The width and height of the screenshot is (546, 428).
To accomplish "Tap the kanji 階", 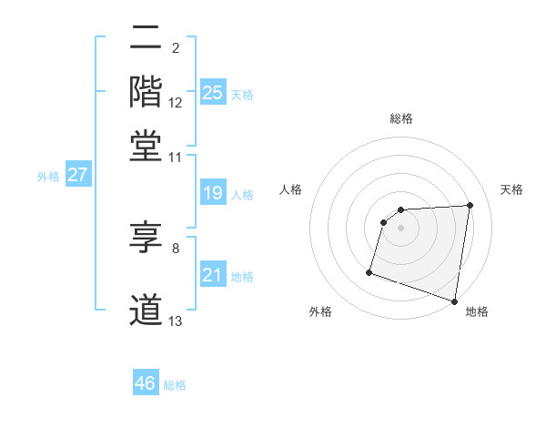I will pyautogui.click(x=146, y=91).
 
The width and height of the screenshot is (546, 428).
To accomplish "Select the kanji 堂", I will pyautogui.click(x=146, y=146).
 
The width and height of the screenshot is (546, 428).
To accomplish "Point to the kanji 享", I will pyautogui.click(x=146, y=240).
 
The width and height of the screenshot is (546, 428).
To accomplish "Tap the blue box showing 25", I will pyautogui.click(x=213, y=92).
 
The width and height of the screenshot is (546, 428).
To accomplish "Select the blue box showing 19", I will pyautogui.click(x=213, y=193).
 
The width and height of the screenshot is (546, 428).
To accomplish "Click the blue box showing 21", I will pyautogui.click(x=213, y=275).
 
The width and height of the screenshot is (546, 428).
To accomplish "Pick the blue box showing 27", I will pyautogui.click(x=77, y=176).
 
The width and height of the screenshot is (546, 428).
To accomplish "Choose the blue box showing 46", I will pyautogui.click(x=146, y=383).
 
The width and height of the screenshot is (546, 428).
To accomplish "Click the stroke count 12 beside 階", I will pyautogui.click(x=176, y=103).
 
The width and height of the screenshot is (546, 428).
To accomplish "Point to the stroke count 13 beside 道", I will pyautogui.click(x=176, y=321).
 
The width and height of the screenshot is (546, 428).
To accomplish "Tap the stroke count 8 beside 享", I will pyautogui.click(x=176, y=247).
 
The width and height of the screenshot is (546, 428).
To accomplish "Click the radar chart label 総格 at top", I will pyautogui.click(x=401, y=118).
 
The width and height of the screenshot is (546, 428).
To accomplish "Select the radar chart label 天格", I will pyautogui.click(x=511, y=189).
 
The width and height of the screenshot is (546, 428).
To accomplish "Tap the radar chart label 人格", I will pyautogui.click(x=291, y=189).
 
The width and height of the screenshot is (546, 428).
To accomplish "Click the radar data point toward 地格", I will pyautogui.click(x=455, y=301).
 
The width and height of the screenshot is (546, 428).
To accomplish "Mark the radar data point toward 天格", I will pyautogui.click(x=470, y=206).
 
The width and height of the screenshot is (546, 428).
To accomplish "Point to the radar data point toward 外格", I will pyautogui.click(x=369, y=271).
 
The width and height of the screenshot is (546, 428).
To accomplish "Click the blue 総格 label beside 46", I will pyautogui.click(x=175, y=385).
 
